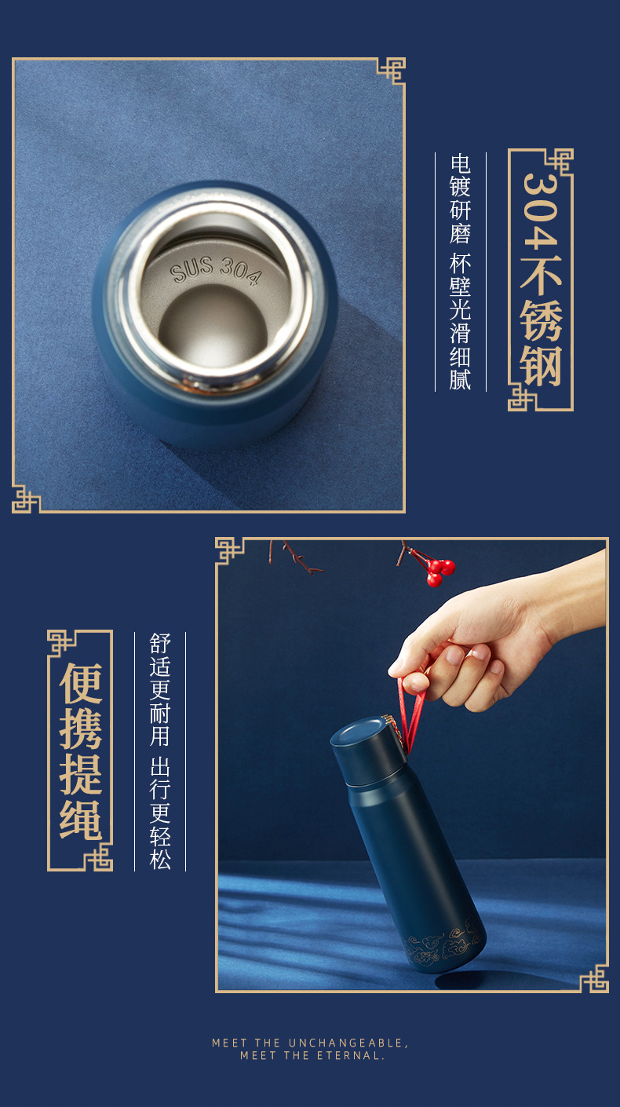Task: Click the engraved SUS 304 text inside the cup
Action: point(215,271)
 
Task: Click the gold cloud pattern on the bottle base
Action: point(441,945)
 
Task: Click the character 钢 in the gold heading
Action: point(541,366)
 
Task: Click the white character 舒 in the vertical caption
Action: point(160,644)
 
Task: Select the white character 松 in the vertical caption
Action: point(160,859)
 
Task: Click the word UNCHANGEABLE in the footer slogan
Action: point(346,1043)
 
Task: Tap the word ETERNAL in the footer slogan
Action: point(350,1056)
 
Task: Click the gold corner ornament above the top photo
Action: point(392,71)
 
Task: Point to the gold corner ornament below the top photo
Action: point(25,499)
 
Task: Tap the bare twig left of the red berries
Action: point(295,557)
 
